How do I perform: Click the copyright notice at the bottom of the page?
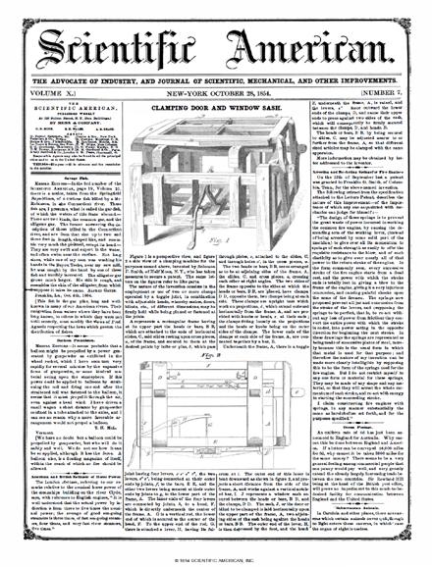pyautogui.click(x=215, y=556)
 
